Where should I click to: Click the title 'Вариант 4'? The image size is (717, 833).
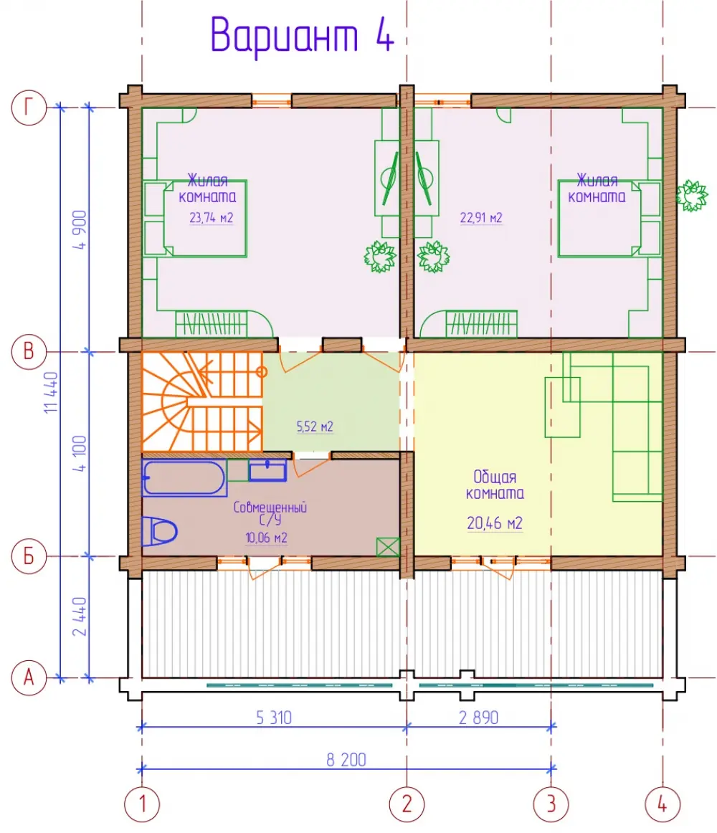tap(302, 35)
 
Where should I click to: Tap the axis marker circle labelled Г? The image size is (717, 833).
tap(29, 108)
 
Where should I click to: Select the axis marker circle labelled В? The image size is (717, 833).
tap(29, 351)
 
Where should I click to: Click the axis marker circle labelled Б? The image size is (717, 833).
tap(29, 556)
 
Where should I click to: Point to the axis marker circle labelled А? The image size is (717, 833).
tap(29, 678)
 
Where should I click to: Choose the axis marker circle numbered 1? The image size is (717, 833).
tap(142, 804)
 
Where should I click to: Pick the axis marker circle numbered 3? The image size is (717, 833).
tap(551, 804)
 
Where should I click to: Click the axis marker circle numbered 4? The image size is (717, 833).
tap(663, 804)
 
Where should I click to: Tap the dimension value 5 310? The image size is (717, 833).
tap(274, 718)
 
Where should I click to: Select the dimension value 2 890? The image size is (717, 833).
tap(478, 718)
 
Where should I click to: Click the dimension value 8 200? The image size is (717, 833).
tap(346, 760)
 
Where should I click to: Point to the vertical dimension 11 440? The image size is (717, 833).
tap(51, 393)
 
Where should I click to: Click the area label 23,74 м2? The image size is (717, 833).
tap(211, 218)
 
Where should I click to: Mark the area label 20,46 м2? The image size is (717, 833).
tap(495, 523)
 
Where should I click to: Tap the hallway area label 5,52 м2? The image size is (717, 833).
tap(315, 427)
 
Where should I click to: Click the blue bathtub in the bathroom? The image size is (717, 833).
tap(184, 477)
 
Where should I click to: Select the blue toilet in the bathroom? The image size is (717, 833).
tap(159, 531)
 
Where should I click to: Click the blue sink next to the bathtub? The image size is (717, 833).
tap(268, 471)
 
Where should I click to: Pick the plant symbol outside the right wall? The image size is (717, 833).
tap(691, 196)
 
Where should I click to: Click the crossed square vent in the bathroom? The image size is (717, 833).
tap(387, 547)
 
